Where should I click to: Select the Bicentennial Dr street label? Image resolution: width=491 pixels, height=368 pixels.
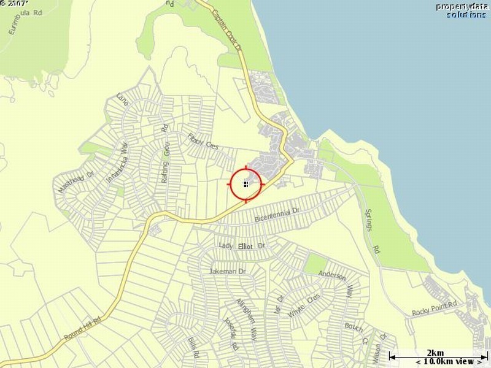(x=276, y=214)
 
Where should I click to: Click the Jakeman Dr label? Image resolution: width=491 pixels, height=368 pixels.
(x=227, y=271)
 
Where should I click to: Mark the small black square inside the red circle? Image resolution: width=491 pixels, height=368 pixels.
(x=245, y=183)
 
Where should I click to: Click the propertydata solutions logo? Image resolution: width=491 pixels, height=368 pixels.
(x=461, y=10)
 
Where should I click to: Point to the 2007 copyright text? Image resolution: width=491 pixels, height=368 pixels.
(x=14, y=4)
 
